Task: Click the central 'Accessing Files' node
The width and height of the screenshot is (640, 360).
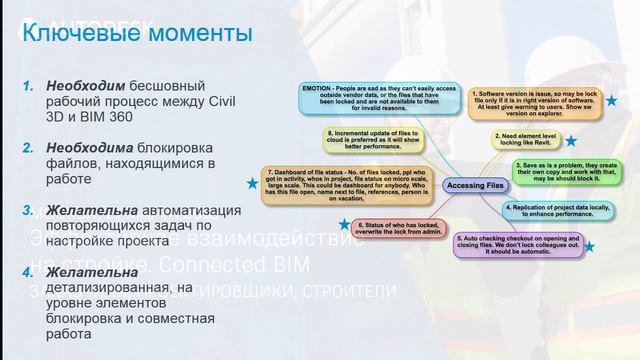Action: click(445, 185)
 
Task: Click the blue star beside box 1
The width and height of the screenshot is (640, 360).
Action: click(611, 101)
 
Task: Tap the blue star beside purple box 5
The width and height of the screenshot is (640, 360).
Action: click(589, 246)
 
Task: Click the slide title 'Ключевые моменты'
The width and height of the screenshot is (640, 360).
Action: click(137, 33)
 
